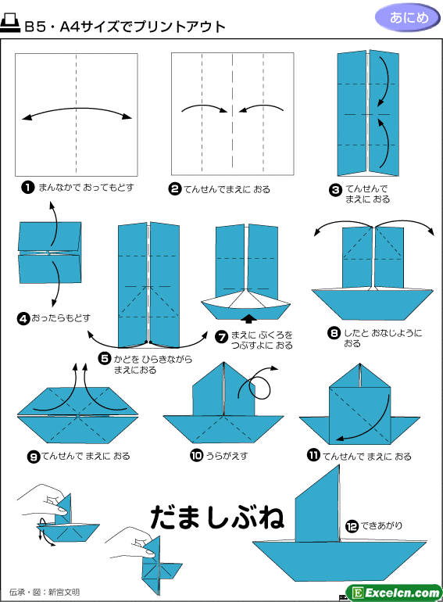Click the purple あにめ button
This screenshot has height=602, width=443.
click(407, 18)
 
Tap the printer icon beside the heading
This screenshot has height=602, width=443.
click(10, 23)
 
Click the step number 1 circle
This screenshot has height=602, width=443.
click(27, 188)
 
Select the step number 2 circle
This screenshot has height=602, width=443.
click(174, 189)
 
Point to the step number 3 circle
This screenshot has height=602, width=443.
click(335, 190)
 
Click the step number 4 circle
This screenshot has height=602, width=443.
click(23, 319)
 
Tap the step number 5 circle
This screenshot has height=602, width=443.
click(105, 359)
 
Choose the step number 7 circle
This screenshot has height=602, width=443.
click(222, 337)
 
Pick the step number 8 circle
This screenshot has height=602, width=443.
click(334, 333)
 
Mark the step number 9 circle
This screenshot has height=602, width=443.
click(34, 457)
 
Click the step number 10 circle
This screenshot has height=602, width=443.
click(196, 456)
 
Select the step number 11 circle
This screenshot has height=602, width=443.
click(313, 455)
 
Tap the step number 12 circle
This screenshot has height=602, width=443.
click(352, 526)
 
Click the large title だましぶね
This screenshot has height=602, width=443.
click(217, 517)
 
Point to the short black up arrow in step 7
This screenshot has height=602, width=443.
click(250, 318)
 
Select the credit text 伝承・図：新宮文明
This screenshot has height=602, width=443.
click(44, 592)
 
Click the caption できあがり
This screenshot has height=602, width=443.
click(381, 525)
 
